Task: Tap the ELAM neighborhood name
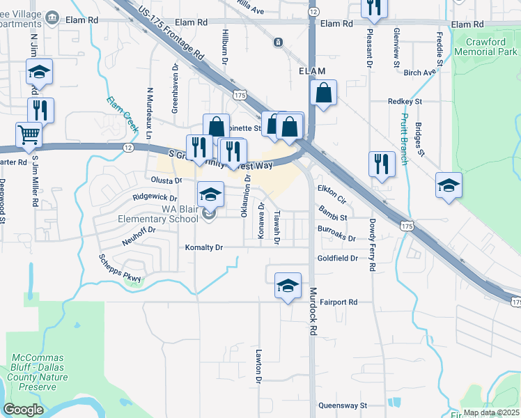click(x=313, y=72)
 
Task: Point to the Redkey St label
click(x=405, y=102)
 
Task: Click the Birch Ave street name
click(x=419, y=72)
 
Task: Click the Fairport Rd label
click(x=339, y=302)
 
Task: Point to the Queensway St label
click(x=342, y=405)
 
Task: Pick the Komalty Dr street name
click(x=203, y=247)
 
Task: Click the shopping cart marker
click(x=29, y=134)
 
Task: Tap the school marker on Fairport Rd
click(x=287, y=285)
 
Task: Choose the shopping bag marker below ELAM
click(x=324, y=93)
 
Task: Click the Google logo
click(x=24, y=410)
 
